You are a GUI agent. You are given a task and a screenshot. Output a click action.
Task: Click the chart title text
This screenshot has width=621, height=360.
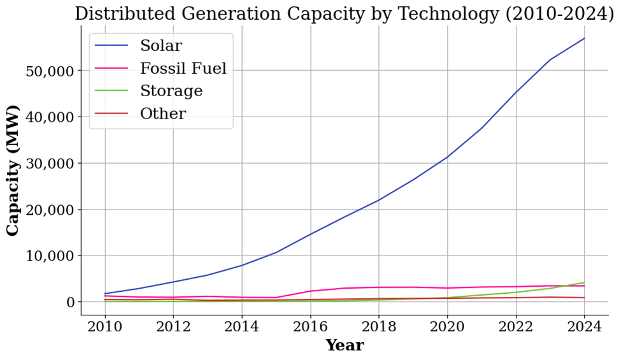[x=344, y=13]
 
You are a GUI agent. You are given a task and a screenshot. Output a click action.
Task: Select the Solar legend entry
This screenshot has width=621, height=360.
[x=161, y=46]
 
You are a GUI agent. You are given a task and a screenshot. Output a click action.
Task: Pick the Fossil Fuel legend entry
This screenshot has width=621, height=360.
[x=183, y=69]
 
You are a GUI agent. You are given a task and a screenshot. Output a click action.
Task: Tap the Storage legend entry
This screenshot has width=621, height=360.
[x=171, y=91]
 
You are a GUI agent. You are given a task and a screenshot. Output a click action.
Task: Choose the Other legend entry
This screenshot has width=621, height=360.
[x=163, y=114]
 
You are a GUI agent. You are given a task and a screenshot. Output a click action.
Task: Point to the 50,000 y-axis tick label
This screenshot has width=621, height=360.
[x=49, y=71]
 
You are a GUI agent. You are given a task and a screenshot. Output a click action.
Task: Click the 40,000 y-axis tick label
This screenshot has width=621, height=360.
[x=49, y=117]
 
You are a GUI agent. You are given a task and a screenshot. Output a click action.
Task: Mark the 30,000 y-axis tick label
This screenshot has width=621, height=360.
[x=49, y=163]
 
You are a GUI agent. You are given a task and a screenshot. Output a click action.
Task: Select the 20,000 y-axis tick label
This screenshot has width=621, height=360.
[x=49, y=210]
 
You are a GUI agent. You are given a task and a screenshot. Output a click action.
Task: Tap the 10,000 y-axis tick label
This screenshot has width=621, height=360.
[x=49, y=256]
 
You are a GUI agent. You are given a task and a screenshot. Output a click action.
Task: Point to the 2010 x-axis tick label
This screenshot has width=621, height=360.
[x=104, y=328]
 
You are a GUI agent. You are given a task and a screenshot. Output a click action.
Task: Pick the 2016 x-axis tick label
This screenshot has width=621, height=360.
[x=310, y=328]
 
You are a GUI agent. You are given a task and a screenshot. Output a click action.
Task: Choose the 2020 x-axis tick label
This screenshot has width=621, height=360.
[x=447, y=328]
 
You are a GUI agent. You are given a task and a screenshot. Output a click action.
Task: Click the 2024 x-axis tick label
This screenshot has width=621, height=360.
[x=584, y=328]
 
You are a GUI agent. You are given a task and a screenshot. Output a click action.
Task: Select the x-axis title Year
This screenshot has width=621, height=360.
[x=345, y=346]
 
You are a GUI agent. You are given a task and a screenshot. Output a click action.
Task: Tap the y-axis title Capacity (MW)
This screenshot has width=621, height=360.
[x=13, y=170]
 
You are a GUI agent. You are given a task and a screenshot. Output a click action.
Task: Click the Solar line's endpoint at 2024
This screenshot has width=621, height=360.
[x=584, y=38]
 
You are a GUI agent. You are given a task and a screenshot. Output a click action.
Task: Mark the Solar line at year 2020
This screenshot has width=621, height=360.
[x=447, y=157]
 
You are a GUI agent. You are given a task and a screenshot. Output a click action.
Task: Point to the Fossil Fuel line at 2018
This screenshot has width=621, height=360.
[x=379, y=287]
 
